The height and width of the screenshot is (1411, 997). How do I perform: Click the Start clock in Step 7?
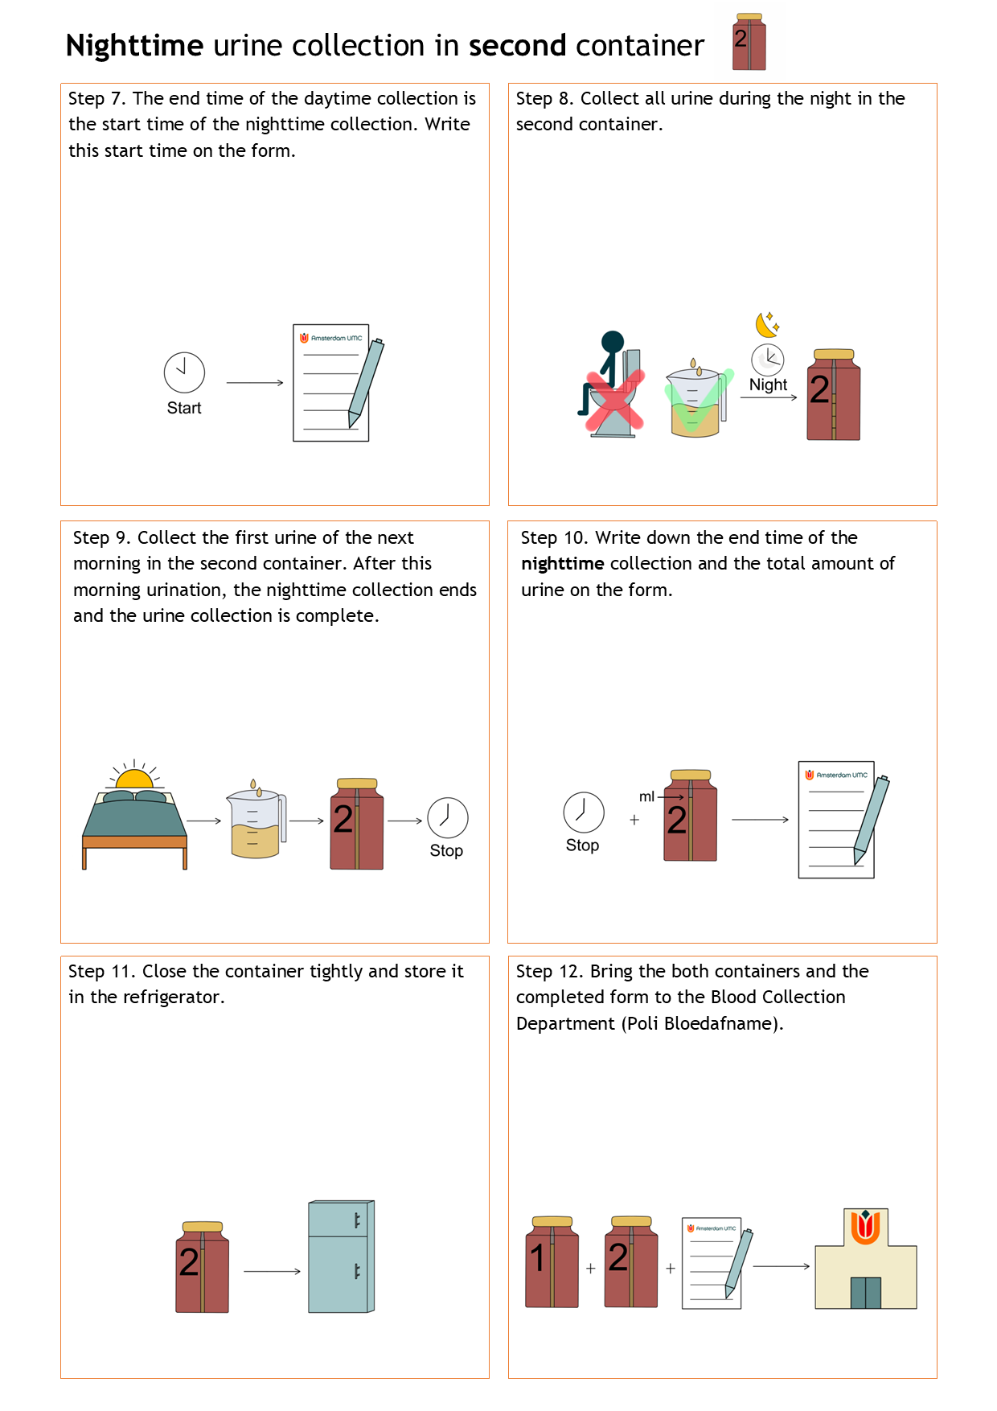coord(184,372)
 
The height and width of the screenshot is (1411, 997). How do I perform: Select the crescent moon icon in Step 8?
coord(767,324)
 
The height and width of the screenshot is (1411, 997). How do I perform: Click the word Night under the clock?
coord(768,385)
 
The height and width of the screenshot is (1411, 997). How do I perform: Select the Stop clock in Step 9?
coord(448,818)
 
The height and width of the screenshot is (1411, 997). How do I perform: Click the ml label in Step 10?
coord(646,796)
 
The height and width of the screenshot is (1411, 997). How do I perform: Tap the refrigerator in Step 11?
coord(342,1257)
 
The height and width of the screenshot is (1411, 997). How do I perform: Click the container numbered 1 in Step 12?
coord(552,1261)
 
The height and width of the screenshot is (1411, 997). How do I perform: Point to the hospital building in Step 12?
coord(866,1258)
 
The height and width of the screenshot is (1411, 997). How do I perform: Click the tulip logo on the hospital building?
coord(865,1228)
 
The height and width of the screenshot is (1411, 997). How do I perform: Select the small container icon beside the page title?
coord(749,42)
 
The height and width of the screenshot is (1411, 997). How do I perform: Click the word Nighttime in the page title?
coord(134,47)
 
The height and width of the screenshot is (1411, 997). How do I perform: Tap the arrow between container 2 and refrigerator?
coord(272,1271)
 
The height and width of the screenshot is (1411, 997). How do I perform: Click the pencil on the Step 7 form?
coord(366,382)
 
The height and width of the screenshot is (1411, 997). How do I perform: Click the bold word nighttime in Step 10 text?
coord(562,564)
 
